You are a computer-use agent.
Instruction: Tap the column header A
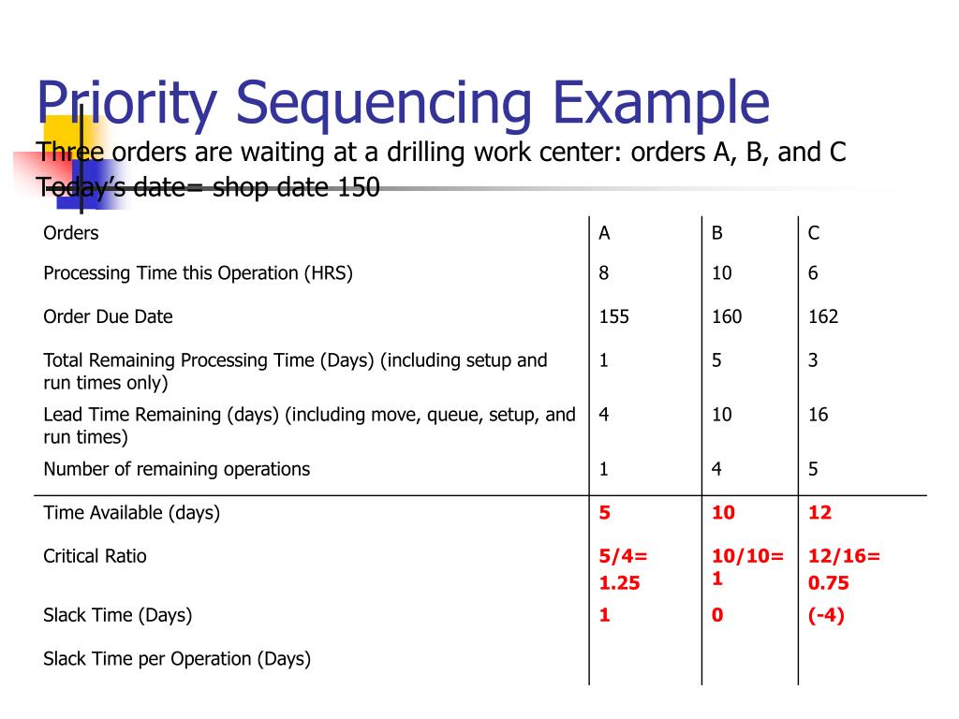(x=605, y=233)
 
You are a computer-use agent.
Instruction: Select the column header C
(x=814, y=233)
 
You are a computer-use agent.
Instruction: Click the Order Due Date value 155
(x=614, y=316)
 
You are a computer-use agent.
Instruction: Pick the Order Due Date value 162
(x=823, y=316)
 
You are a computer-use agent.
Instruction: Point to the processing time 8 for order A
(x=605, y=273)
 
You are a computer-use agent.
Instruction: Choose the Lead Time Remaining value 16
(x=819, y=414)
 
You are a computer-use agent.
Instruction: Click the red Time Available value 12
(x=819, y=512)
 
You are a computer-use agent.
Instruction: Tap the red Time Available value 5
(x=605, y=512)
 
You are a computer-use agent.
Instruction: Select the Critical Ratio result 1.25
(x=619, y=582)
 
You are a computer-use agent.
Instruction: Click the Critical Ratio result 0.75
(x=828, y=582)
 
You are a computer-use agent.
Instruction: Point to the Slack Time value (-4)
(x=826, y=615)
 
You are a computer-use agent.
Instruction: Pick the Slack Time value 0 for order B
(x=716, y=615)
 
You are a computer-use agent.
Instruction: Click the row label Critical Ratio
(x=95, y=556)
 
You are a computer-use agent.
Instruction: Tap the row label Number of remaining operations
(x=176, y=469)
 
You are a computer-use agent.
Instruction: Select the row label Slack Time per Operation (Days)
(x=176, y=658)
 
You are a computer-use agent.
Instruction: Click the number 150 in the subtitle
(x=360, y=188)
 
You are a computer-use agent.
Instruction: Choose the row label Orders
(x=71, y=233)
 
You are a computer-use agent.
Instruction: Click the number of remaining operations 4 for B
(x=716, y=469)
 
